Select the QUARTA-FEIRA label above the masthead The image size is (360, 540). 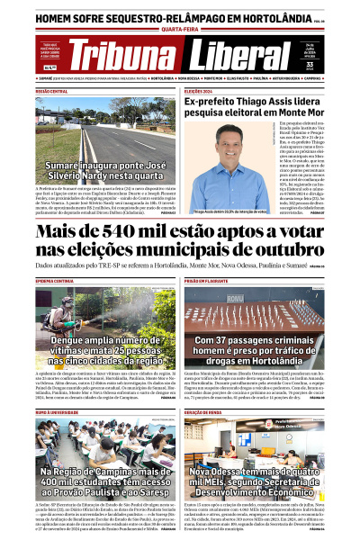pyautogui.click(x=181, y=29)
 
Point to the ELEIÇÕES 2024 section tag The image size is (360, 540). pyautogui.click(x=200, y=91)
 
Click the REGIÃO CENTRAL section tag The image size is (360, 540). pyautogui.click(x=51, y=91)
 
